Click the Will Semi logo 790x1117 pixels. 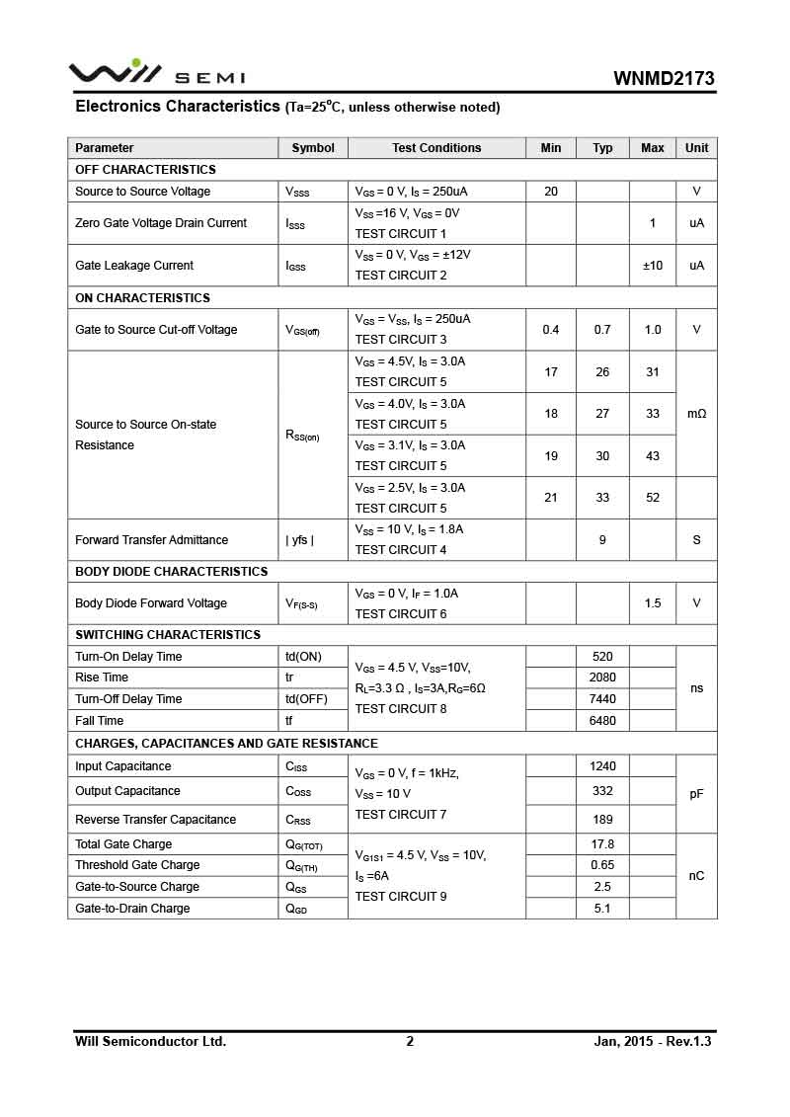click(x=156, y=73)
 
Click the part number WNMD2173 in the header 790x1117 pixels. click(x=664, y=79)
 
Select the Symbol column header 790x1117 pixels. click(x=313, y=148)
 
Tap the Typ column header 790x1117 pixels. click(x=602, y=148)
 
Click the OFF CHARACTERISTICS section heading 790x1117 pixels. click(x=145, y=170)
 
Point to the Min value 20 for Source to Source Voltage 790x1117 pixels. click(x=551, y=192)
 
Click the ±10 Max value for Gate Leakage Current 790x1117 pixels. click(x=653, y=266)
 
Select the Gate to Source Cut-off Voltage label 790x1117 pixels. click(x=156, y=330)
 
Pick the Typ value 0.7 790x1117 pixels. click(x=602, y=330)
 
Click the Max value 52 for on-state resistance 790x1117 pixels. click(x=653, y=498)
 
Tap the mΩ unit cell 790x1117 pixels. click(x=696, y=414)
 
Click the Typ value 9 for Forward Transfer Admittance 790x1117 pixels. click(x=602, y=540)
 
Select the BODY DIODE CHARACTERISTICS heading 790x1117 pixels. click(x=171, y=572)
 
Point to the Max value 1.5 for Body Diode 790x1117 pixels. click(x=653, y=603)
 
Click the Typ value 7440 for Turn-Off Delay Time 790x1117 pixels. click(x=602, y=699)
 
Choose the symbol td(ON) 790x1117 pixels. click(x=303, y=657)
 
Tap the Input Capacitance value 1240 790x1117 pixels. click(x=602, y=766)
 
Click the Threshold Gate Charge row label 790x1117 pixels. click(x=137, y=865)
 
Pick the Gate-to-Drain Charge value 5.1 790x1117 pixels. click(x=602, y=909)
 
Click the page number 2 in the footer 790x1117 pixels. click(x=410, y=1041)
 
